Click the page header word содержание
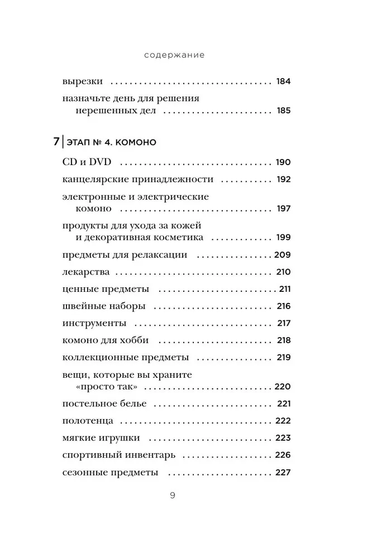click(x=174, y=55)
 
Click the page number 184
click(x=283, y=81)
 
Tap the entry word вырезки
click(x=82, y=81)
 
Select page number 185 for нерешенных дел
click(x=283, y=110)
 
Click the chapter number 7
click(x=56, y=142)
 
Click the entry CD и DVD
click(x=87, y=162)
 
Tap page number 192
click(x=283, y=180)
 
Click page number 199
click(x=283, y=237)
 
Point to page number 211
click(x=285, y=290)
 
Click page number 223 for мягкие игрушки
click(x=283, y=438)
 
